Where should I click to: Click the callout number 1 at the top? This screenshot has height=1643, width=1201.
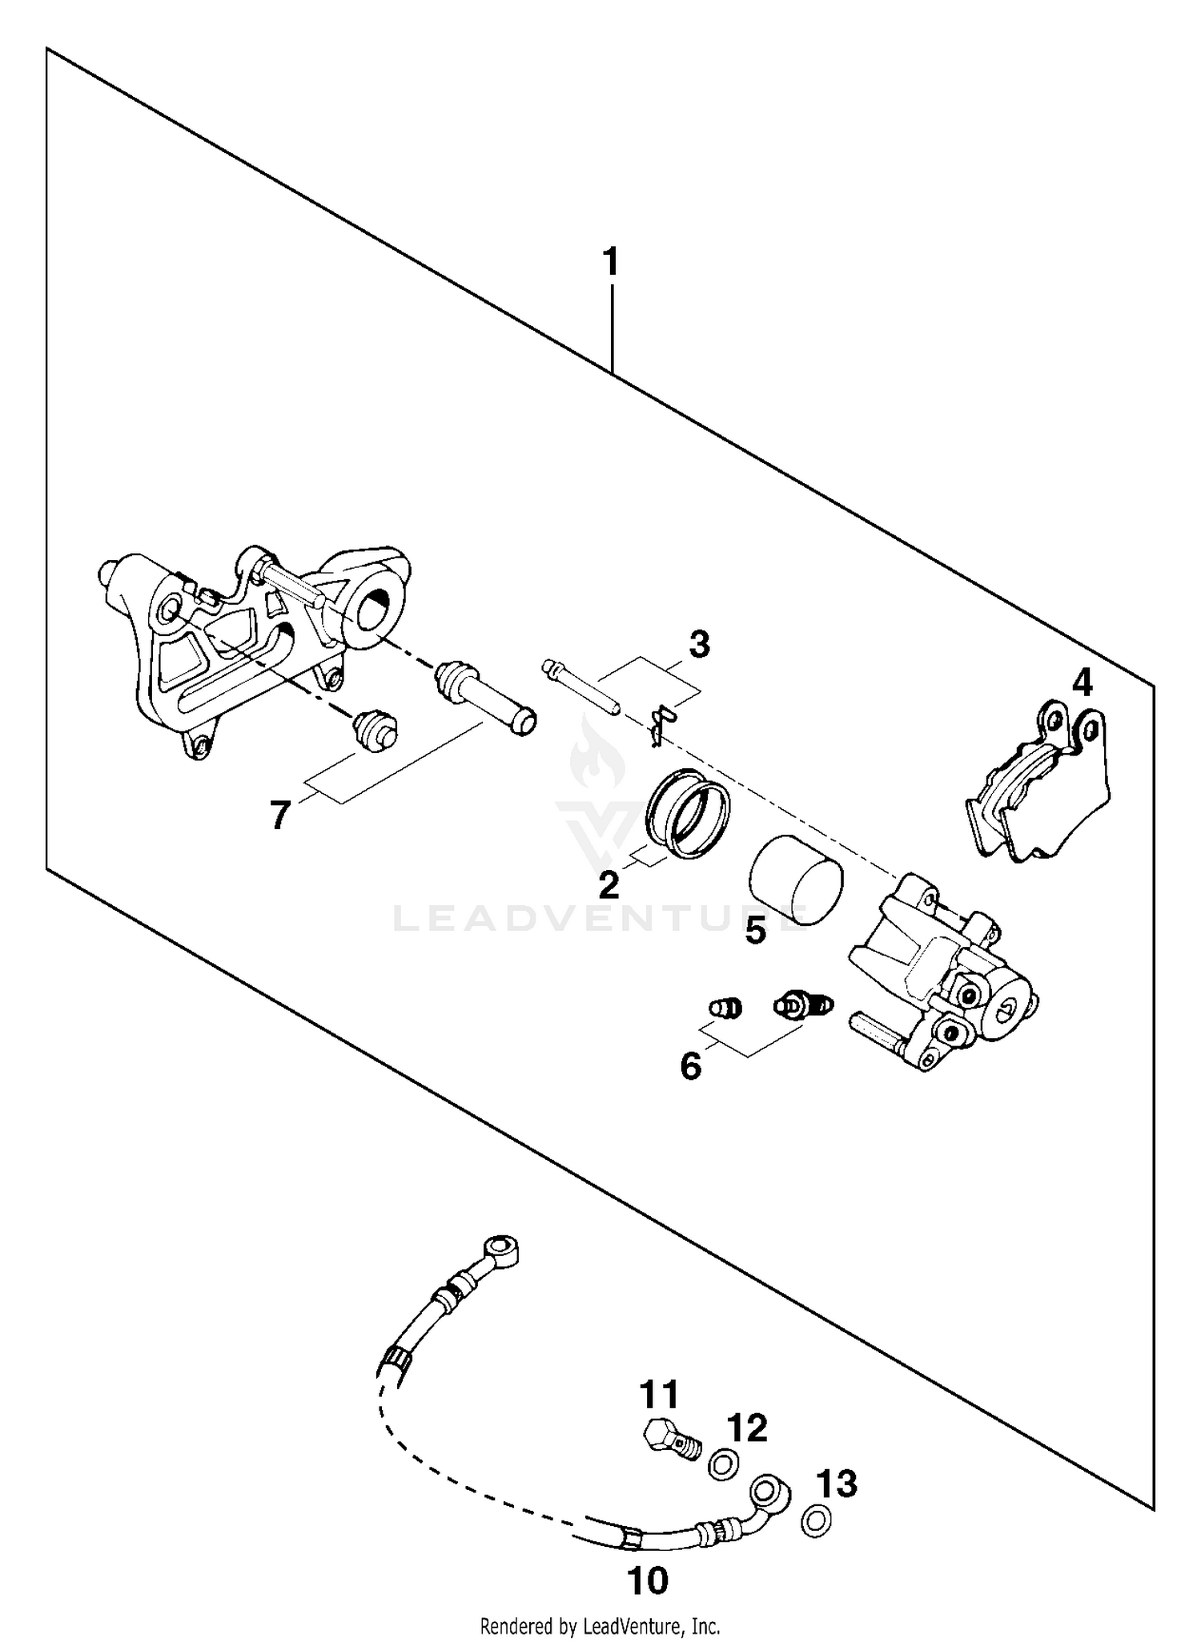[x=611, y=263]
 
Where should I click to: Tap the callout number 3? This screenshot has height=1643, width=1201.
[x=699, y=645]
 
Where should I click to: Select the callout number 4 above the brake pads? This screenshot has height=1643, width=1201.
[x=1081, y=683]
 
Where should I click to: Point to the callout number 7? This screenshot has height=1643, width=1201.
[x=279, y=816]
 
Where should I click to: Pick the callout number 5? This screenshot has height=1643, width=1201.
[x=755, y=931]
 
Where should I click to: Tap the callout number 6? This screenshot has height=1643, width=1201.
[x=690, y=1066]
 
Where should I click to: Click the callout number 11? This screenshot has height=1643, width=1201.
[x=659, y=1395]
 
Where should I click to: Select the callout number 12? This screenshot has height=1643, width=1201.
[x=747, y=1428]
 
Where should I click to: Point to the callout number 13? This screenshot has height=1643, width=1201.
[x=837, y=1484]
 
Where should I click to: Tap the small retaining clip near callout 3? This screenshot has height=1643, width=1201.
[x=661, y=716]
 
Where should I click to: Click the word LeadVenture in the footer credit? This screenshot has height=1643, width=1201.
[x=624, y=1626]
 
